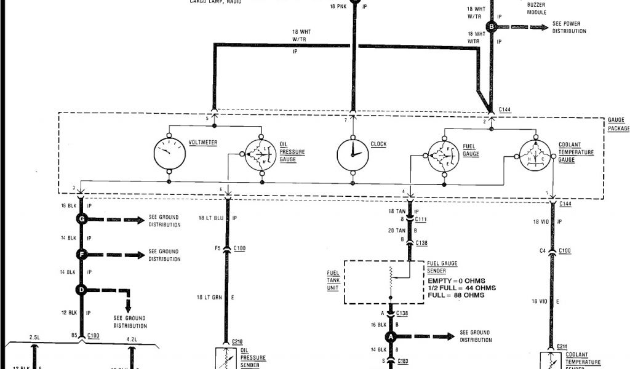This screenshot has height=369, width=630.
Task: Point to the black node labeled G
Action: pyautogui.click(x=81, y=220)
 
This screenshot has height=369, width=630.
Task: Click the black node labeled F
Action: pyautogui.click(x=81, y=253)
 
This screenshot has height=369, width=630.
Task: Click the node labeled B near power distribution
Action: pyautogui.click(x=491, y=26)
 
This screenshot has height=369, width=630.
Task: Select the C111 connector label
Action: pyautogui.click(x=421, y=220)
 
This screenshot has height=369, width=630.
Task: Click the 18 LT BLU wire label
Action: pyautogui.click(x=211, y=218)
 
